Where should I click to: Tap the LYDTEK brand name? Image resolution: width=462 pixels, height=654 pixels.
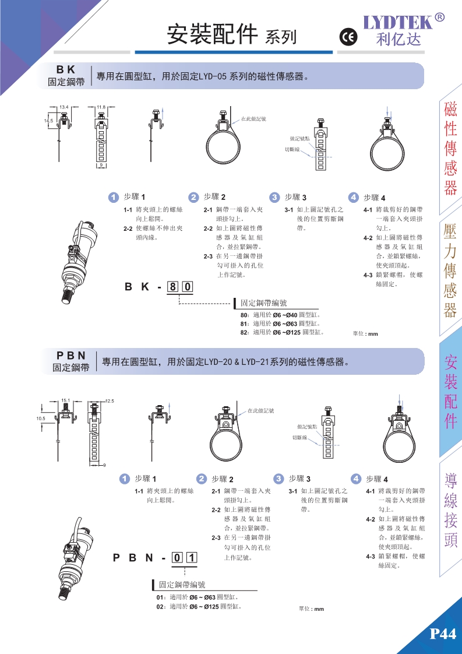coord(398,22)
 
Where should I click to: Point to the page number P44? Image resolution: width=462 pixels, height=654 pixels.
coord(442,634)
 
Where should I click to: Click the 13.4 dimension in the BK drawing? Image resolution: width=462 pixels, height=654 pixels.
coord(64,107)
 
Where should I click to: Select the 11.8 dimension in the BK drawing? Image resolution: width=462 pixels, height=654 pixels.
coord(101,107)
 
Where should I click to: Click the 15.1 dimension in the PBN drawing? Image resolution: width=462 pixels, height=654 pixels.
coord(65,400)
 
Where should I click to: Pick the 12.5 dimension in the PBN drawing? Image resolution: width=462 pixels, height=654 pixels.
coord(110,401)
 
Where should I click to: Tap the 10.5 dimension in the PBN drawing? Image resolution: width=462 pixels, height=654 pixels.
coord(40,418)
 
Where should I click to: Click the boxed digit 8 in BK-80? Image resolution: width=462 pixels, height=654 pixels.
coord(172,287)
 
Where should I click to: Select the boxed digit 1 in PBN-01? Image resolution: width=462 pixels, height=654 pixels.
coord(192,558)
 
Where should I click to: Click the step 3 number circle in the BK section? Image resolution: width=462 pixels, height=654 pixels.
coord(274,197)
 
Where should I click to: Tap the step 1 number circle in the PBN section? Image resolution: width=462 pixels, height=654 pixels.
coord(124,479)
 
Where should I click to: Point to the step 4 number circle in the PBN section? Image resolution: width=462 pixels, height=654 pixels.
coord(355,479)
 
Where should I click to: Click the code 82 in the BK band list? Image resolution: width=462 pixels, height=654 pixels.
coord(244,332)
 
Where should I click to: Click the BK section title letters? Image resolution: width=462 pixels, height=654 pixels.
coord(66,69)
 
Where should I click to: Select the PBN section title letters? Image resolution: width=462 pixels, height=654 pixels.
coord(71,356)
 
